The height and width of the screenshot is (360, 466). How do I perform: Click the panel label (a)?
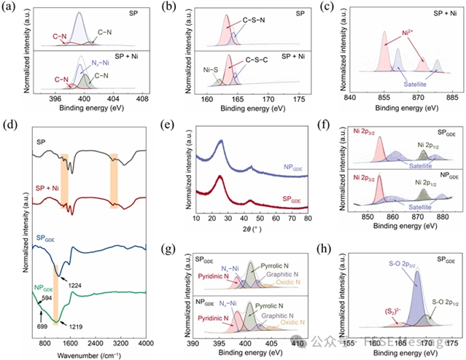pyautogui.click(x=12, y=7)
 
